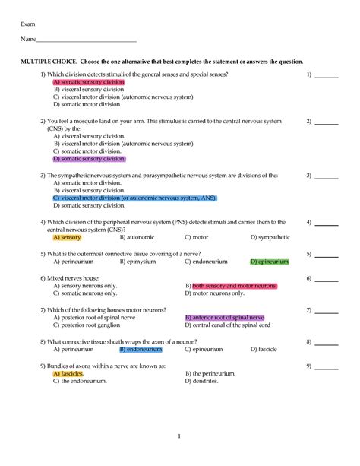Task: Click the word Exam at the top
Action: pos(27,25)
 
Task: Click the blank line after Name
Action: pos(87,40)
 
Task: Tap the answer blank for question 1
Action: pos(327,75)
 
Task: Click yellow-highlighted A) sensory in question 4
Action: pos(68,237)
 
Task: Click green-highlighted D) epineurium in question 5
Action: pos(270,262)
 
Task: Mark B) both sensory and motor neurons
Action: pos(232,286)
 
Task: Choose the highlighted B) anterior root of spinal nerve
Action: pos(225,317)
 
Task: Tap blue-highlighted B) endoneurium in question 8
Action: pos(141,350)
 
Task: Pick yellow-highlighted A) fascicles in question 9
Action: pos(68,374)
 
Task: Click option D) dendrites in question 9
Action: pos(202,382)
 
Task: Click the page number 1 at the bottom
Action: pos(179,436)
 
